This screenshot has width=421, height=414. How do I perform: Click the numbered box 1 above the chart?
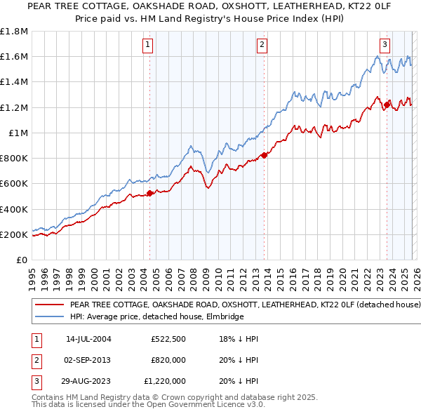(x=149, y=45)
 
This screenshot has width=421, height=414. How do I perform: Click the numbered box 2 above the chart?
(x=262, y=45)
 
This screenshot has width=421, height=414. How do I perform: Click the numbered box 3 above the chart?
(x=385, y=45)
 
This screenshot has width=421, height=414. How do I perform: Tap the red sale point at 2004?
(x=149, y=193)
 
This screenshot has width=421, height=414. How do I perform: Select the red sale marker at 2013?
(x=264, y=155)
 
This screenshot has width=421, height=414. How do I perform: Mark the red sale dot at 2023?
(x=387, y=105)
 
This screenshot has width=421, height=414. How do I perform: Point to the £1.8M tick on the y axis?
(x=14, y=32)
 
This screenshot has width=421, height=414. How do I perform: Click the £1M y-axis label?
(x=18, y=133)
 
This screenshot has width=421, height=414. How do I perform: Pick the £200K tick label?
(x=14, y=234)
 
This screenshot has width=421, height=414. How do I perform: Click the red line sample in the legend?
(x=49, y=305)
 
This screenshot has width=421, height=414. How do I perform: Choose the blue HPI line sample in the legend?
(x=49, y=317)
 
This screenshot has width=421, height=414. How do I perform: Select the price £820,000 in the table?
(x=168, y=360)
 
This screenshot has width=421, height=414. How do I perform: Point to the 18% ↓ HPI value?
(x=238, y=339)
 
